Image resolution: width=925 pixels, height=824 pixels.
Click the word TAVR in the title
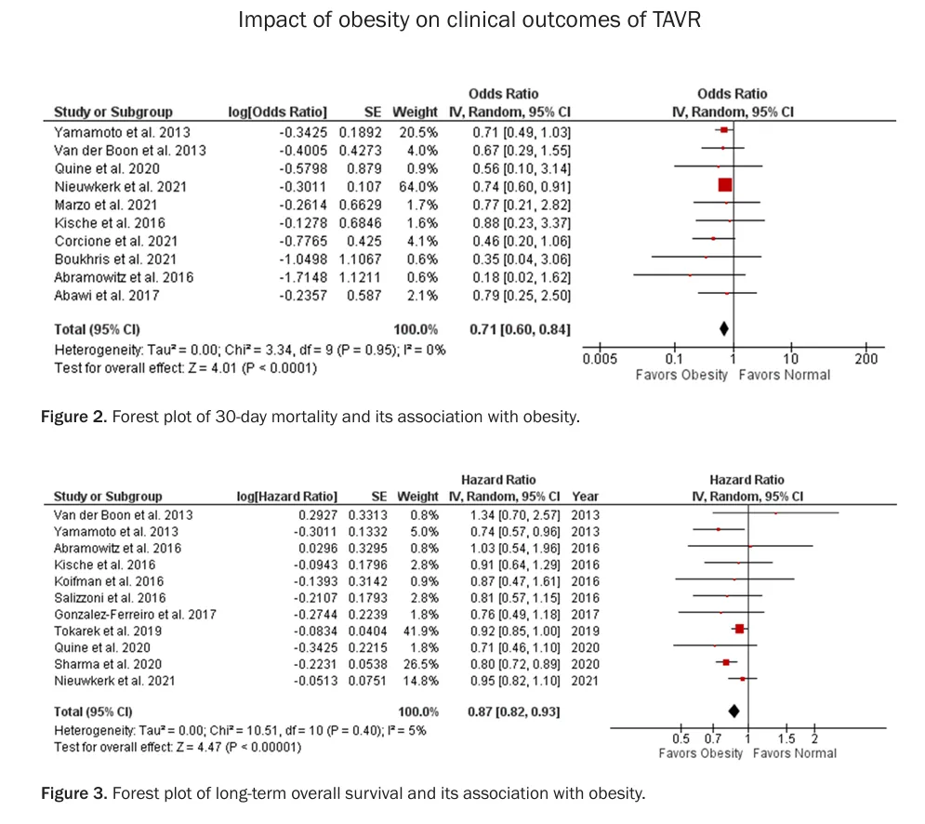676,20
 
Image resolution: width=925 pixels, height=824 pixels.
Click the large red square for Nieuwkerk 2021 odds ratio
725,185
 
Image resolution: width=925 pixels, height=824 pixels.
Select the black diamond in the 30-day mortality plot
724,329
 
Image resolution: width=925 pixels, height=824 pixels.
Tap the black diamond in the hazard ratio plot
733,711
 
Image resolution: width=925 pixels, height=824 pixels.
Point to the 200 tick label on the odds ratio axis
866,358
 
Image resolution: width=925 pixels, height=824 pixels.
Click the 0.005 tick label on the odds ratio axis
600,358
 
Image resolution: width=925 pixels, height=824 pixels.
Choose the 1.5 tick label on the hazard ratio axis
786,738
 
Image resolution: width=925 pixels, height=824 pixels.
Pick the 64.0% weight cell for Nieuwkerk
418,187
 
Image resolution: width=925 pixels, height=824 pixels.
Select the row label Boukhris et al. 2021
115,259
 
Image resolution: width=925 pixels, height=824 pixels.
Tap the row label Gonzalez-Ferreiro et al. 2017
135,615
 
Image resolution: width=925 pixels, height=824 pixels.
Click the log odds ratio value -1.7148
303,277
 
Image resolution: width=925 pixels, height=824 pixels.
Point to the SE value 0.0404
367,631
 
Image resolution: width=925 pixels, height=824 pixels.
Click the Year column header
585,497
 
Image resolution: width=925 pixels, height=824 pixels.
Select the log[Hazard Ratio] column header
286,497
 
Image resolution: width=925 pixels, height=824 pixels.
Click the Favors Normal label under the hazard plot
795,753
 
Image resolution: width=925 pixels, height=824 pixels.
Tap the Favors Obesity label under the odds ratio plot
681,375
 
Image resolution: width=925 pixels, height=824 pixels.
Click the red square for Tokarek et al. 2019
739,630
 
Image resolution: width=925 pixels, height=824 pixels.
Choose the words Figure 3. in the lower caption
73,792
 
